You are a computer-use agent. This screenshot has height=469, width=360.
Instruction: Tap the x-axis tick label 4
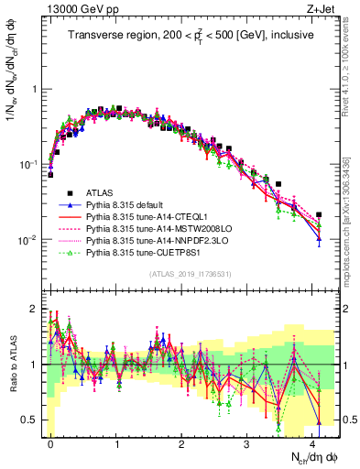(x=314, y=442)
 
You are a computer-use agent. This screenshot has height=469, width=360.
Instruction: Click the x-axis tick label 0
(x=50, y=442)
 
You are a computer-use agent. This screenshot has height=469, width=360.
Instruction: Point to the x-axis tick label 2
(x=182, y=442)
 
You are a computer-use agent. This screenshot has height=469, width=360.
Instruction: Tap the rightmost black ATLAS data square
(x=319, y=215)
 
